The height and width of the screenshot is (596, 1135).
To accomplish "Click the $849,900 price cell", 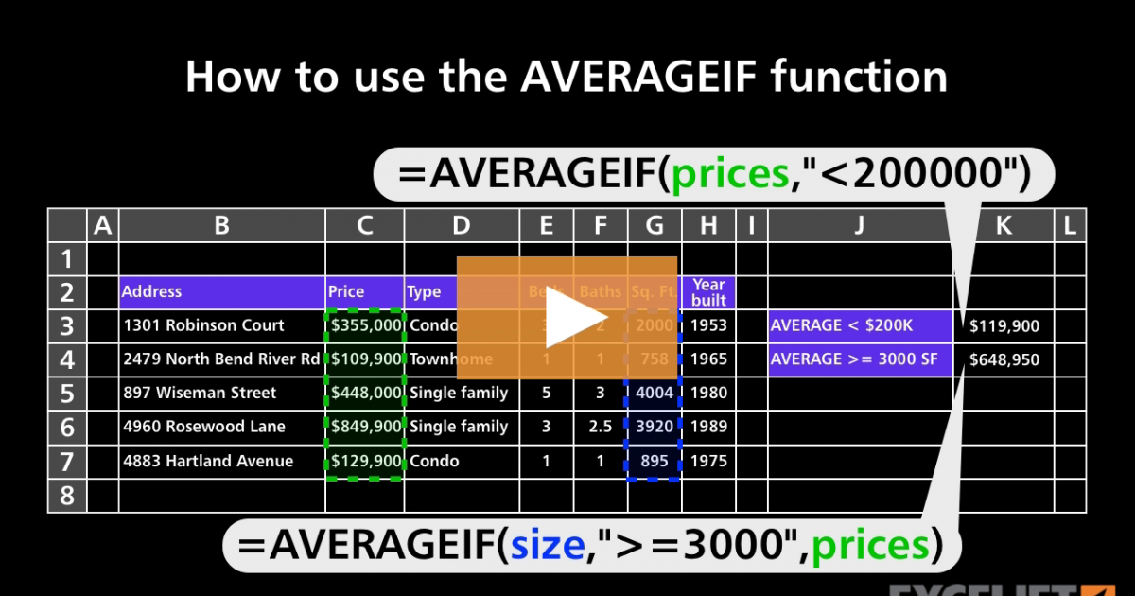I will [366, 427].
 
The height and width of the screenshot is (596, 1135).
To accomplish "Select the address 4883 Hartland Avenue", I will [208, 461].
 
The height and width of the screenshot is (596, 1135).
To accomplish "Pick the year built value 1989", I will [708, 427].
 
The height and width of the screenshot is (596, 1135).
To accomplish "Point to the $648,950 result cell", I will [1004, 360].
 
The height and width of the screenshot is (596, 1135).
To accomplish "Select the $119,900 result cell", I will [1004, 326].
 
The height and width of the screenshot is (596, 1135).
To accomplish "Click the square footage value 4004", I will [655, 393].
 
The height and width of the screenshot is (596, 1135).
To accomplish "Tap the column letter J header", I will [859, 225].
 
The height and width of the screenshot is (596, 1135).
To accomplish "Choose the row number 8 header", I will [67, 495].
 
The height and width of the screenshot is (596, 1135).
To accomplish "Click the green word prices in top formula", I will [729, 174].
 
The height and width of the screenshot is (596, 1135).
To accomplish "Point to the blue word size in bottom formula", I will [547, 545].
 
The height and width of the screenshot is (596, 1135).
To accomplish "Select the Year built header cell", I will [708, 291].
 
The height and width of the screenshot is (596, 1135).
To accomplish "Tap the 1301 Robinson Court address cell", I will [203, 325].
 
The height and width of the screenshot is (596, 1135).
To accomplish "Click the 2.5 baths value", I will [600, 427].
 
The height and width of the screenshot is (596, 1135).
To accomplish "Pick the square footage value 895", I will [655, 461].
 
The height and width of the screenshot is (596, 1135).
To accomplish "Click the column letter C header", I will [365, 225].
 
